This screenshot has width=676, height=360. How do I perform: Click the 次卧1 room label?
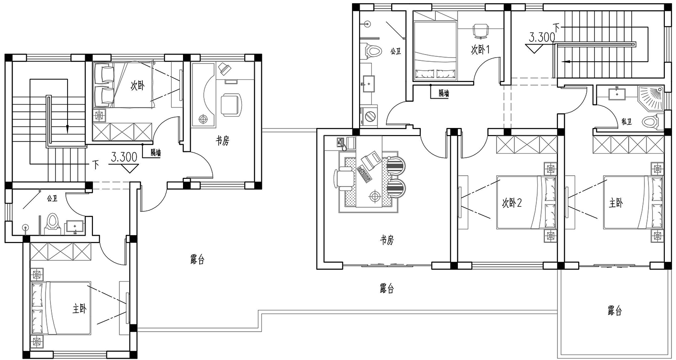tap(480, 50)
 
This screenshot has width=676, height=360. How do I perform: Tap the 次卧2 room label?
tap(512, 203)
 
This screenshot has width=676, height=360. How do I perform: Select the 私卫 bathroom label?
tap(626, 122)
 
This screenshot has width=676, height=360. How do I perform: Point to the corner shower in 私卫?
tap(651, 98)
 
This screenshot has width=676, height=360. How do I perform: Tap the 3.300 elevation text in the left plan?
tap(124, 157)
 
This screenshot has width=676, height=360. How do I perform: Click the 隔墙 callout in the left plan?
tap(156, 153)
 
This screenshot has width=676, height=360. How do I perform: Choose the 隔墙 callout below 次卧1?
tap(443, 93)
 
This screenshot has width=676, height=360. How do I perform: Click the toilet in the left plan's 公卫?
tap(53, 224)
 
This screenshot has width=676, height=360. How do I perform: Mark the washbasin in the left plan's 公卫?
tap(74, 227)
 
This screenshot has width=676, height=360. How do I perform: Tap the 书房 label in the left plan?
tap(223, 140)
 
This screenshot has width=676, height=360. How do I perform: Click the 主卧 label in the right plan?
tap(616, 203)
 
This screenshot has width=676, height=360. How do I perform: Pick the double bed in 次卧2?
tap(526, 202)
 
